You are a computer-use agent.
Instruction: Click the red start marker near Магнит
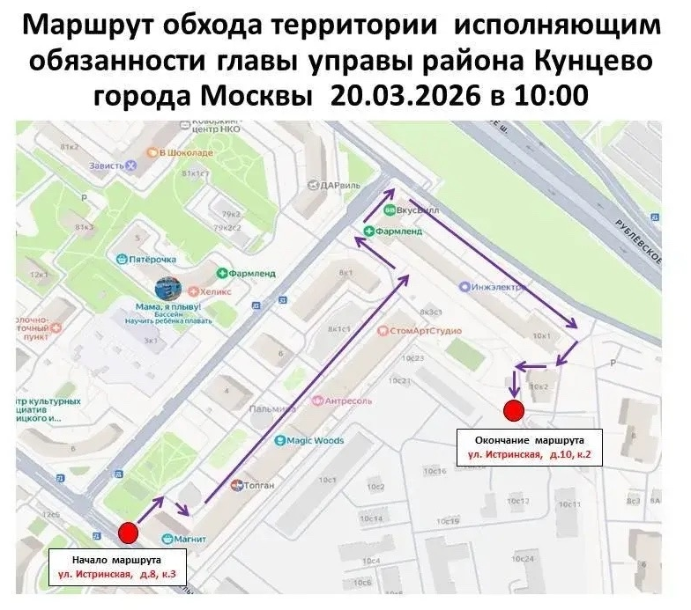click(129, 532)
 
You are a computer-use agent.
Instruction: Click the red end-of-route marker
click(513, 409)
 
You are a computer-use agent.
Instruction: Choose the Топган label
click(256, 484)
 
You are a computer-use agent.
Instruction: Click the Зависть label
click(112, 165)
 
